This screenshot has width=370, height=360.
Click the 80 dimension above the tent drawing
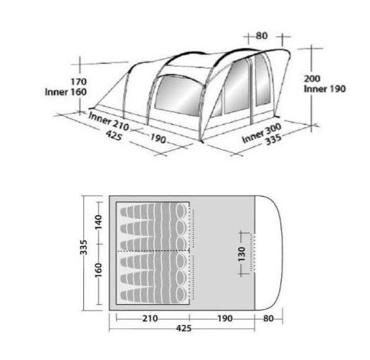262,36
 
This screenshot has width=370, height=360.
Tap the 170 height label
78,82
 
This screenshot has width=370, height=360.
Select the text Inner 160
66,92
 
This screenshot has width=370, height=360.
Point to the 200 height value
312,79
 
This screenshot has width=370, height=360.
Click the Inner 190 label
325,89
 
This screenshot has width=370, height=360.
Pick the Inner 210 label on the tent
109,122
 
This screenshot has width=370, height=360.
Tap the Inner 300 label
261,133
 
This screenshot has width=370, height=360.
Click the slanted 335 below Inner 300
274,140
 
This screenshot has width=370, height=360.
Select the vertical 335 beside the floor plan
84,247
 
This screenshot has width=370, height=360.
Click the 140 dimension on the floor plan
98,222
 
